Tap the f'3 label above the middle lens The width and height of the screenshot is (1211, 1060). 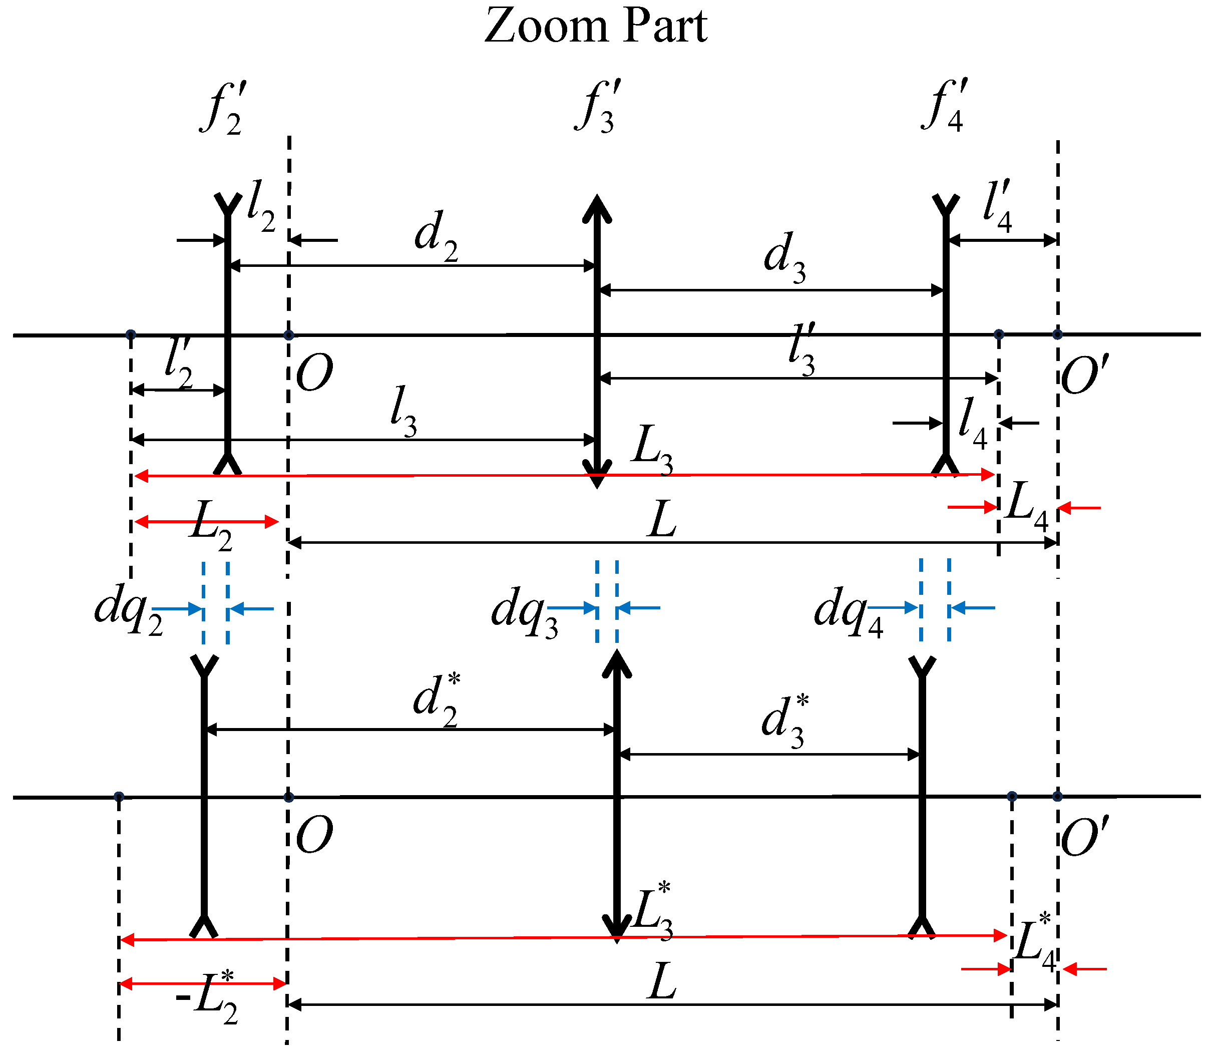point(597,107)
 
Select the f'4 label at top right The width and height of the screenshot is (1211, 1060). point(945,107)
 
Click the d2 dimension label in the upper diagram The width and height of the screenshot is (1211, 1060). point(437,236)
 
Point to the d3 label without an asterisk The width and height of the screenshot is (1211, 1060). point(784,258)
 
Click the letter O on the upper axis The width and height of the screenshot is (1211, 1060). point(314,374)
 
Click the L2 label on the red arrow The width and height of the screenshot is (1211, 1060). point(210,524)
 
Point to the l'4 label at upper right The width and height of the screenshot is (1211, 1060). point(998,207)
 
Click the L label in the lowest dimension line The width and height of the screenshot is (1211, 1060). point(661,981)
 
